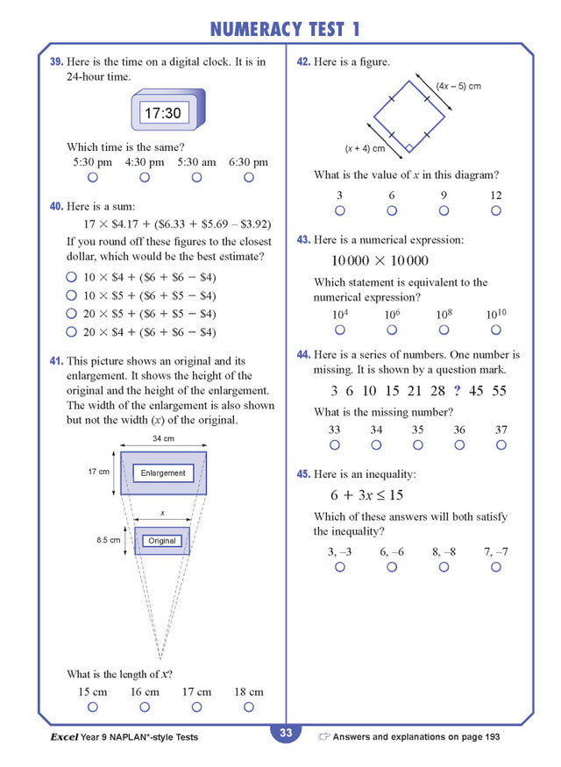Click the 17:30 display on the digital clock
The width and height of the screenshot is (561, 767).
pos(162,113)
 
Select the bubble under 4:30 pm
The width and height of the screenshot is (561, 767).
pos(145,177)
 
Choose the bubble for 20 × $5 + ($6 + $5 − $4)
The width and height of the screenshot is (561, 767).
pos(72,314)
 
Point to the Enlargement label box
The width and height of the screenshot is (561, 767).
pos(163,473)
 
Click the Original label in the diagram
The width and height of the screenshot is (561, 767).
pos(162,541)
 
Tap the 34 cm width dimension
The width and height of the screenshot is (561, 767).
pos(163,438)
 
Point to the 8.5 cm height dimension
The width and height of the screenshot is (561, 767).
pos(108,540)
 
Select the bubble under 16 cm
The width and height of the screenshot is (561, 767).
pos(145,707)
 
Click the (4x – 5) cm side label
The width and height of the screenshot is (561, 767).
pos(458,87)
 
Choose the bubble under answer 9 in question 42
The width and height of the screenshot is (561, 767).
pos(444,210)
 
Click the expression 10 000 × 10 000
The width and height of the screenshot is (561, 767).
pos(380,260)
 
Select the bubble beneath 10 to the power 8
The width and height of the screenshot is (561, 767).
pos(444,330)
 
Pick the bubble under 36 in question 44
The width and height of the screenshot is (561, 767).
pos(459,444)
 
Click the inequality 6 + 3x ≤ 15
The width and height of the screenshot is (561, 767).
pos(366,495)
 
